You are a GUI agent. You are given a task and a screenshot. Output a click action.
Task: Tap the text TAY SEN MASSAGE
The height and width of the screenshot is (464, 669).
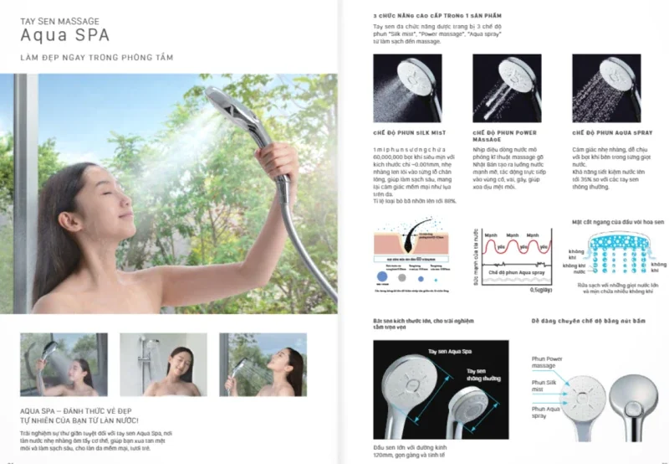point(59,18)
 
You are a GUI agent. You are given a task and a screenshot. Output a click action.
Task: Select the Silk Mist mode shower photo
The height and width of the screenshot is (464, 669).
point(407,89)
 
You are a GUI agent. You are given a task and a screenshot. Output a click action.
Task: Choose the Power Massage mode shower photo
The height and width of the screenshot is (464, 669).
point(507,89)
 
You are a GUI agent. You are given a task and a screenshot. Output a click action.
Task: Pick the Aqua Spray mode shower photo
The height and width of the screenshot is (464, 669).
point(606,89)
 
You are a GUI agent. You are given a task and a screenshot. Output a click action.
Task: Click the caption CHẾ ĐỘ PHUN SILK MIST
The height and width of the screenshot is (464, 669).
point(406,132)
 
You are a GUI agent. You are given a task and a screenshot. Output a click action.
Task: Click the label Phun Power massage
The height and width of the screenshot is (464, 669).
point(549,363)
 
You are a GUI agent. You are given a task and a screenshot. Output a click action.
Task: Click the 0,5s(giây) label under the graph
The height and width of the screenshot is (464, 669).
point(542,290)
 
